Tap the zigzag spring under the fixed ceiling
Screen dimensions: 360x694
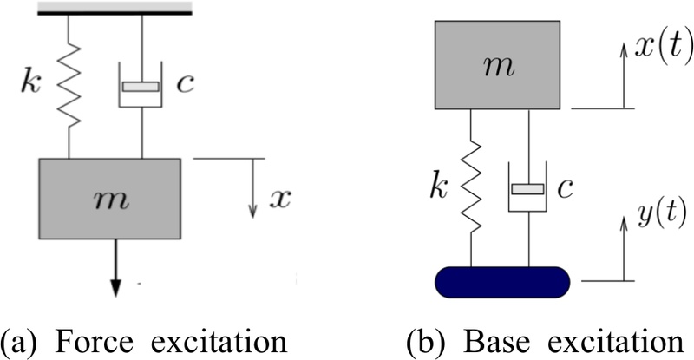tap(69, 88)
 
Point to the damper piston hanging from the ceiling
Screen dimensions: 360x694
tap(141, 87)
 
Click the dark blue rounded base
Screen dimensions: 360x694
tap(501, 281)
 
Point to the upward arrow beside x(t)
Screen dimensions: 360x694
tap(623, 77)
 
